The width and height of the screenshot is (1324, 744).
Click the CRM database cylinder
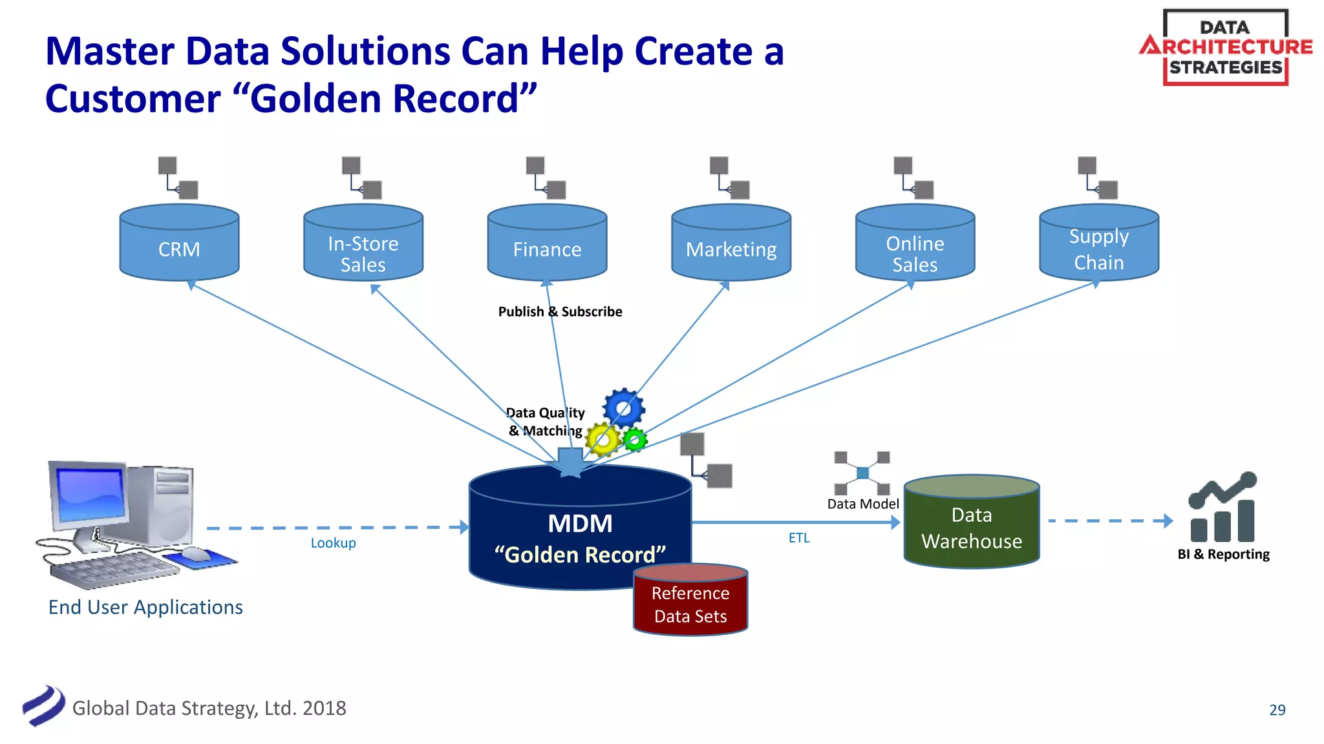pyautogui.click(x=179, y=243)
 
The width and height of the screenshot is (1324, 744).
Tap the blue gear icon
pyautogui.click(x=624, y=408)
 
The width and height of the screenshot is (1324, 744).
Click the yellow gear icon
pyautogui.click(x=603, y=440)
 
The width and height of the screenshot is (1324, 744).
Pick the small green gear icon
pyautogui.click(x=635, y=440)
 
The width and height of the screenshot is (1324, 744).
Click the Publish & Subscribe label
pyautogui.click(x=560, y=312)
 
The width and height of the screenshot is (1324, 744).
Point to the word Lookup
pyautogui.click(x=333, y=543)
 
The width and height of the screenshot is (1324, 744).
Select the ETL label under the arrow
pyautogui.click(x=798, y=538)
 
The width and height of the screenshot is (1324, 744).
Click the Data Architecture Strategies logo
pyautogui.click(x=1225, y=47)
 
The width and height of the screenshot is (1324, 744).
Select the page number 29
pyautogui.click(x=1277, y=710)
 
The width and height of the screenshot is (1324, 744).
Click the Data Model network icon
pyautogui.click(x=862, y=473)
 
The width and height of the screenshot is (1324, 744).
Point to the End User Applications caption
pyautogui.click(x=145, y=608)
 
